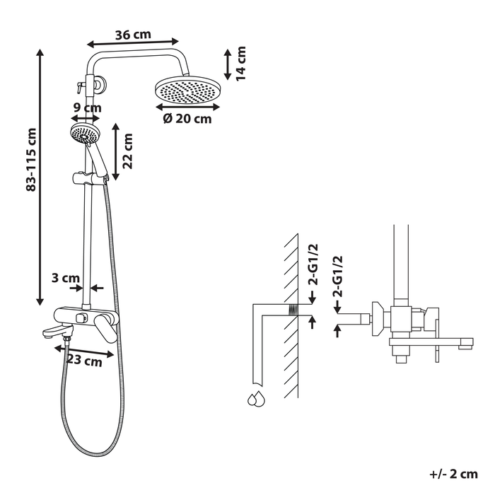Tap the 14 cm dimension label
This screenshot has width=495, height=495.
click(240, 64)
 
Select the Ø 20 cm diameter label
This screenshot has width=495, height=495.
click(187, 119)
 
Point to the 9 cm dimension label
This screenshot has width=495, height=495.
click(88, 107)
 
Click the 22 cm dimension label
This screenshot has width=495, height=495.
click(128, 151)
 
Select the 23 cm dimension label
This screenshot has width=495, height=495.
click(84, 360)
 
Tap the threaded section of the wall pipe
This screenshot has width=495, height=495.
click(289, 310)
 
